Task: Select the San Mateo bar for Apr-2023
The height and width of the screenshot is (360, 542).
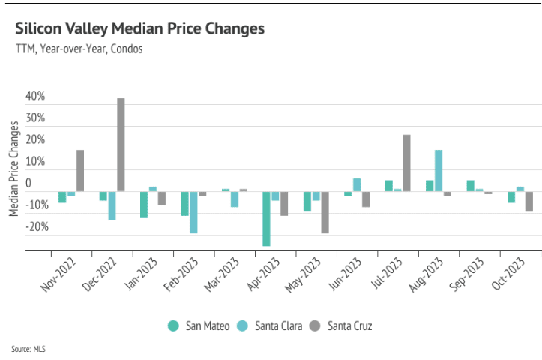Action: pyautogui.click(x=266, y=218)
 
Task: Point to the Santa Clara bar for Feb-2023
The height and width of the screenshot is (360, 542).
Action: pyautogui.click(x=193, y=212)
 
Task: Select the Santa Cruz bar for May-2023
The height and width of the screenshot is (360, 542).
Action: pyautogui.click(x=325, y=212)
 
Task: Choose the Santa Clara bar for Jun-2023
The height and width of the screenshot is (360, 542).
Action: pyautogui.click(x=357, y=184)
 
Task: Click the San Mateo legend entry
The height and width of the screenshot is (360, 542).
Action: pyautogui.click(x=199, y=325)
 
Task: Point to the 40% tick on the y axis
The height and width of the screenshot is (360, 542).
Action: pyautogui.click(x=35, y=97)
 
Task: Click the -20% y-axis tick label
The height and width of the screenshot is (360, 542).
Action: pyautogui.click(x=34, y=227)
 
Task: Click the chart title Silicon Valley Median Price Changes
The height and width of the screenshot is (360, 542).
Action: pyautogui.click(x=139, y=29)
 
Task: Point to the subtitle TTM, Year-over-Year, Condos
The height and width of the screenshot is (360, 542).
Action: pyautogui.click(x=79, y=49)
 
